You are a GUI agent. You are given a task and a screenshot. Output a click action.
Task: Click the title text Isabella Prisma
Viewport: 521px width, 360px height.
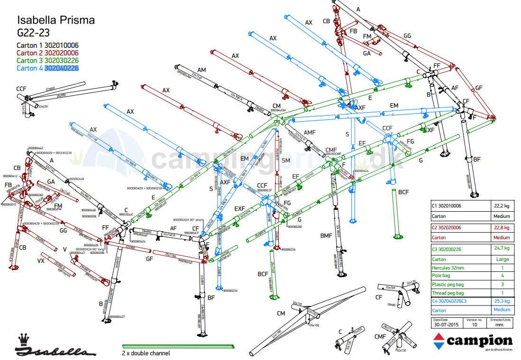(x=55, y=20)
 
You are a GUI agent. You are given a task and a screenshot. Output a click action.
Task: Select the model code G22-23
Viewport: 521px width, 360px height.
(x=33, y=33)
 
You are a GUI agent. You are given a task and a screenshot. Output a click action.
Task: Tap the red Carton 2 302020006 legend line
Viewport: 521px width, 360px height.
(x=47, y=53)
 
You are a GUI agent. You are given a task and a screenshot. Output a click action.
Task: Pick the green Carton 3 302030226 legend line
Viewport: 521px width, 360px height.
(x=47, y=61)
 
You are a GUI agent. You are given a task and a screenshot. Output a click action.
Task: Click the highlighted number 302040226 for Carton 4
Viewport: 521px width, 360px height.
(x=62, y=68)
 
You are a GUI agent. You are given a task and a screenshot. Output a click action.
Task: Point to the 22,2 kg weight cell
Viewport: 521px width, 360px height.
(x=501, y=207)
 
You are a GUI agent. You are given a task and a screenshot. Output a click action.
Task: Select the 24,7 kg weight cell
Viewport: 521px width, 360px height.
(x=501, y=248)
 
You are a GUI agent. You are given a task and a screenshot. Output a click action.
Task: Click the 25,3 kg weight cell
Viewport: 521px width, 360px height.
(x=501, y=301)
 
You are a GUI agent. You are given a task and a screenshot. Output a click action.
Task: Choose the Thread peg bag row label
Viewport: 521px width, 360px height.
(x=448, y=293)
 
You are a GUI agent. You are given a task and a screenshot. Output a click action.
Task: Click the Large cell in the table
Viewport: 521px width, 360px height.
(x=501, y=259)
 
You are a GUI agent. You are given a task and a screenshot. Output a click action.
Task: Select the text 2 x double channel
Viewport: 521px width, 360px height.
(x=146, y=353)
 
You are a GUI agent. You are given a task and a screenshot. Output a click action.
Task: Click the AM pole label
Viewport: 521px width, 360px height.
(x=201, y=70)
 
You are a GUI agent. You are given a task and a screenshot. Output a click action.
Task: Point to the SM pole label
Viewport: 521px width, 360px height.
(x=285, y=161)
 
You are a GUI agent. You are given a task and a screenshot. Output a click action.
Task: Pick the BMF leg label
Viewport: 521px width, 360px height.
(x=326, y=235)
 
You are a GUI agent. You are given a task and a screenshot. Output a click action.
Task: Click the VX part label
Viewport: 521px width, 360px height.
(x=41, y=261)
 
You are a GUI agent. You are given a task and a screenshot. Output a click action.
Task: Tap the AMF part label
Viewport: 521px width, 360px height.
(x=309, y=132)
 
